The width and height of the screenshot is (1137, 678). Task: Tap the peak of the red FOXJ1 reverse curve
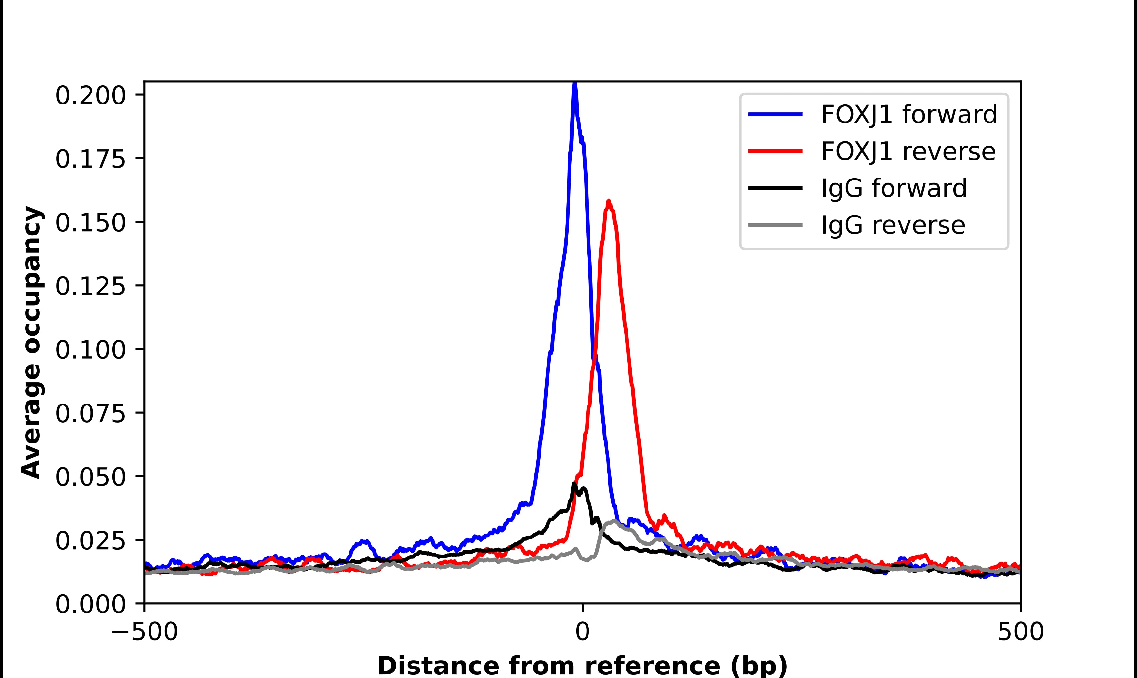tap(608, 201)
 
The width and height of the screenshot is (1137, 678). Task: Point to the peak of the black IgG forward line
tap(574, 484)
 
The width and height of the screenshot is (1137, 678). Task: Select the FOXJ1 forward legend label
tap(909, 114)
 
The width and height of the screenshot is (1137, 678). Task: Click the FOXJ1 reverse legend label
tap(908, 151)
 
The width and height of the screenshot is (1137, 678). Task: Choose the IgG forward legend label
tap(894, 188)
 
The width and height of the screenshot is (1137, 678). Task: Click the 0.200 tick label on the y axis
tap(90, 96)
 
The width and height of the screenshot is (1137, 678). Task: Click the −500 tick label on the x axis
tap(145, 632)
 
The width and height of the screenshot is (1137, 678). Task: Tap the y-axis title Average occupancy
tap(32, 343)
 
